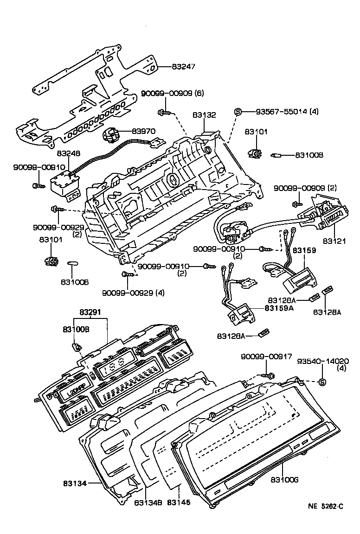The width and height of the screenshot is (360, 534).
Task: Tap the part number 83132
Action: pyautogui.click(x=204, y=115)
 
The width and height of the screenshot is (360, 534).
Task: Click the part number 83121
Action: pyautogui.click(x=334, y=242)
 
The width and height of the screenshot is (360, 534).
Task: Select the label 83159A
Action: pyautogui.click(x=279, y=307)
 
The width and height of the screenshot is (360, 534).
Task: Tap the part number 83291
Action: pyautogui.click(x=90, y=312)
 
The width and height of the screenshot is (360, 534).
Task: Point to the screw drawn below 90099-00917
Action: pyautogui.click(x=268, y=375)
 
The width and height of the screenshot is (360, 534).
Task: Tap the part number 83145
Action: pyautogui.click(x=179, y=502)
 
